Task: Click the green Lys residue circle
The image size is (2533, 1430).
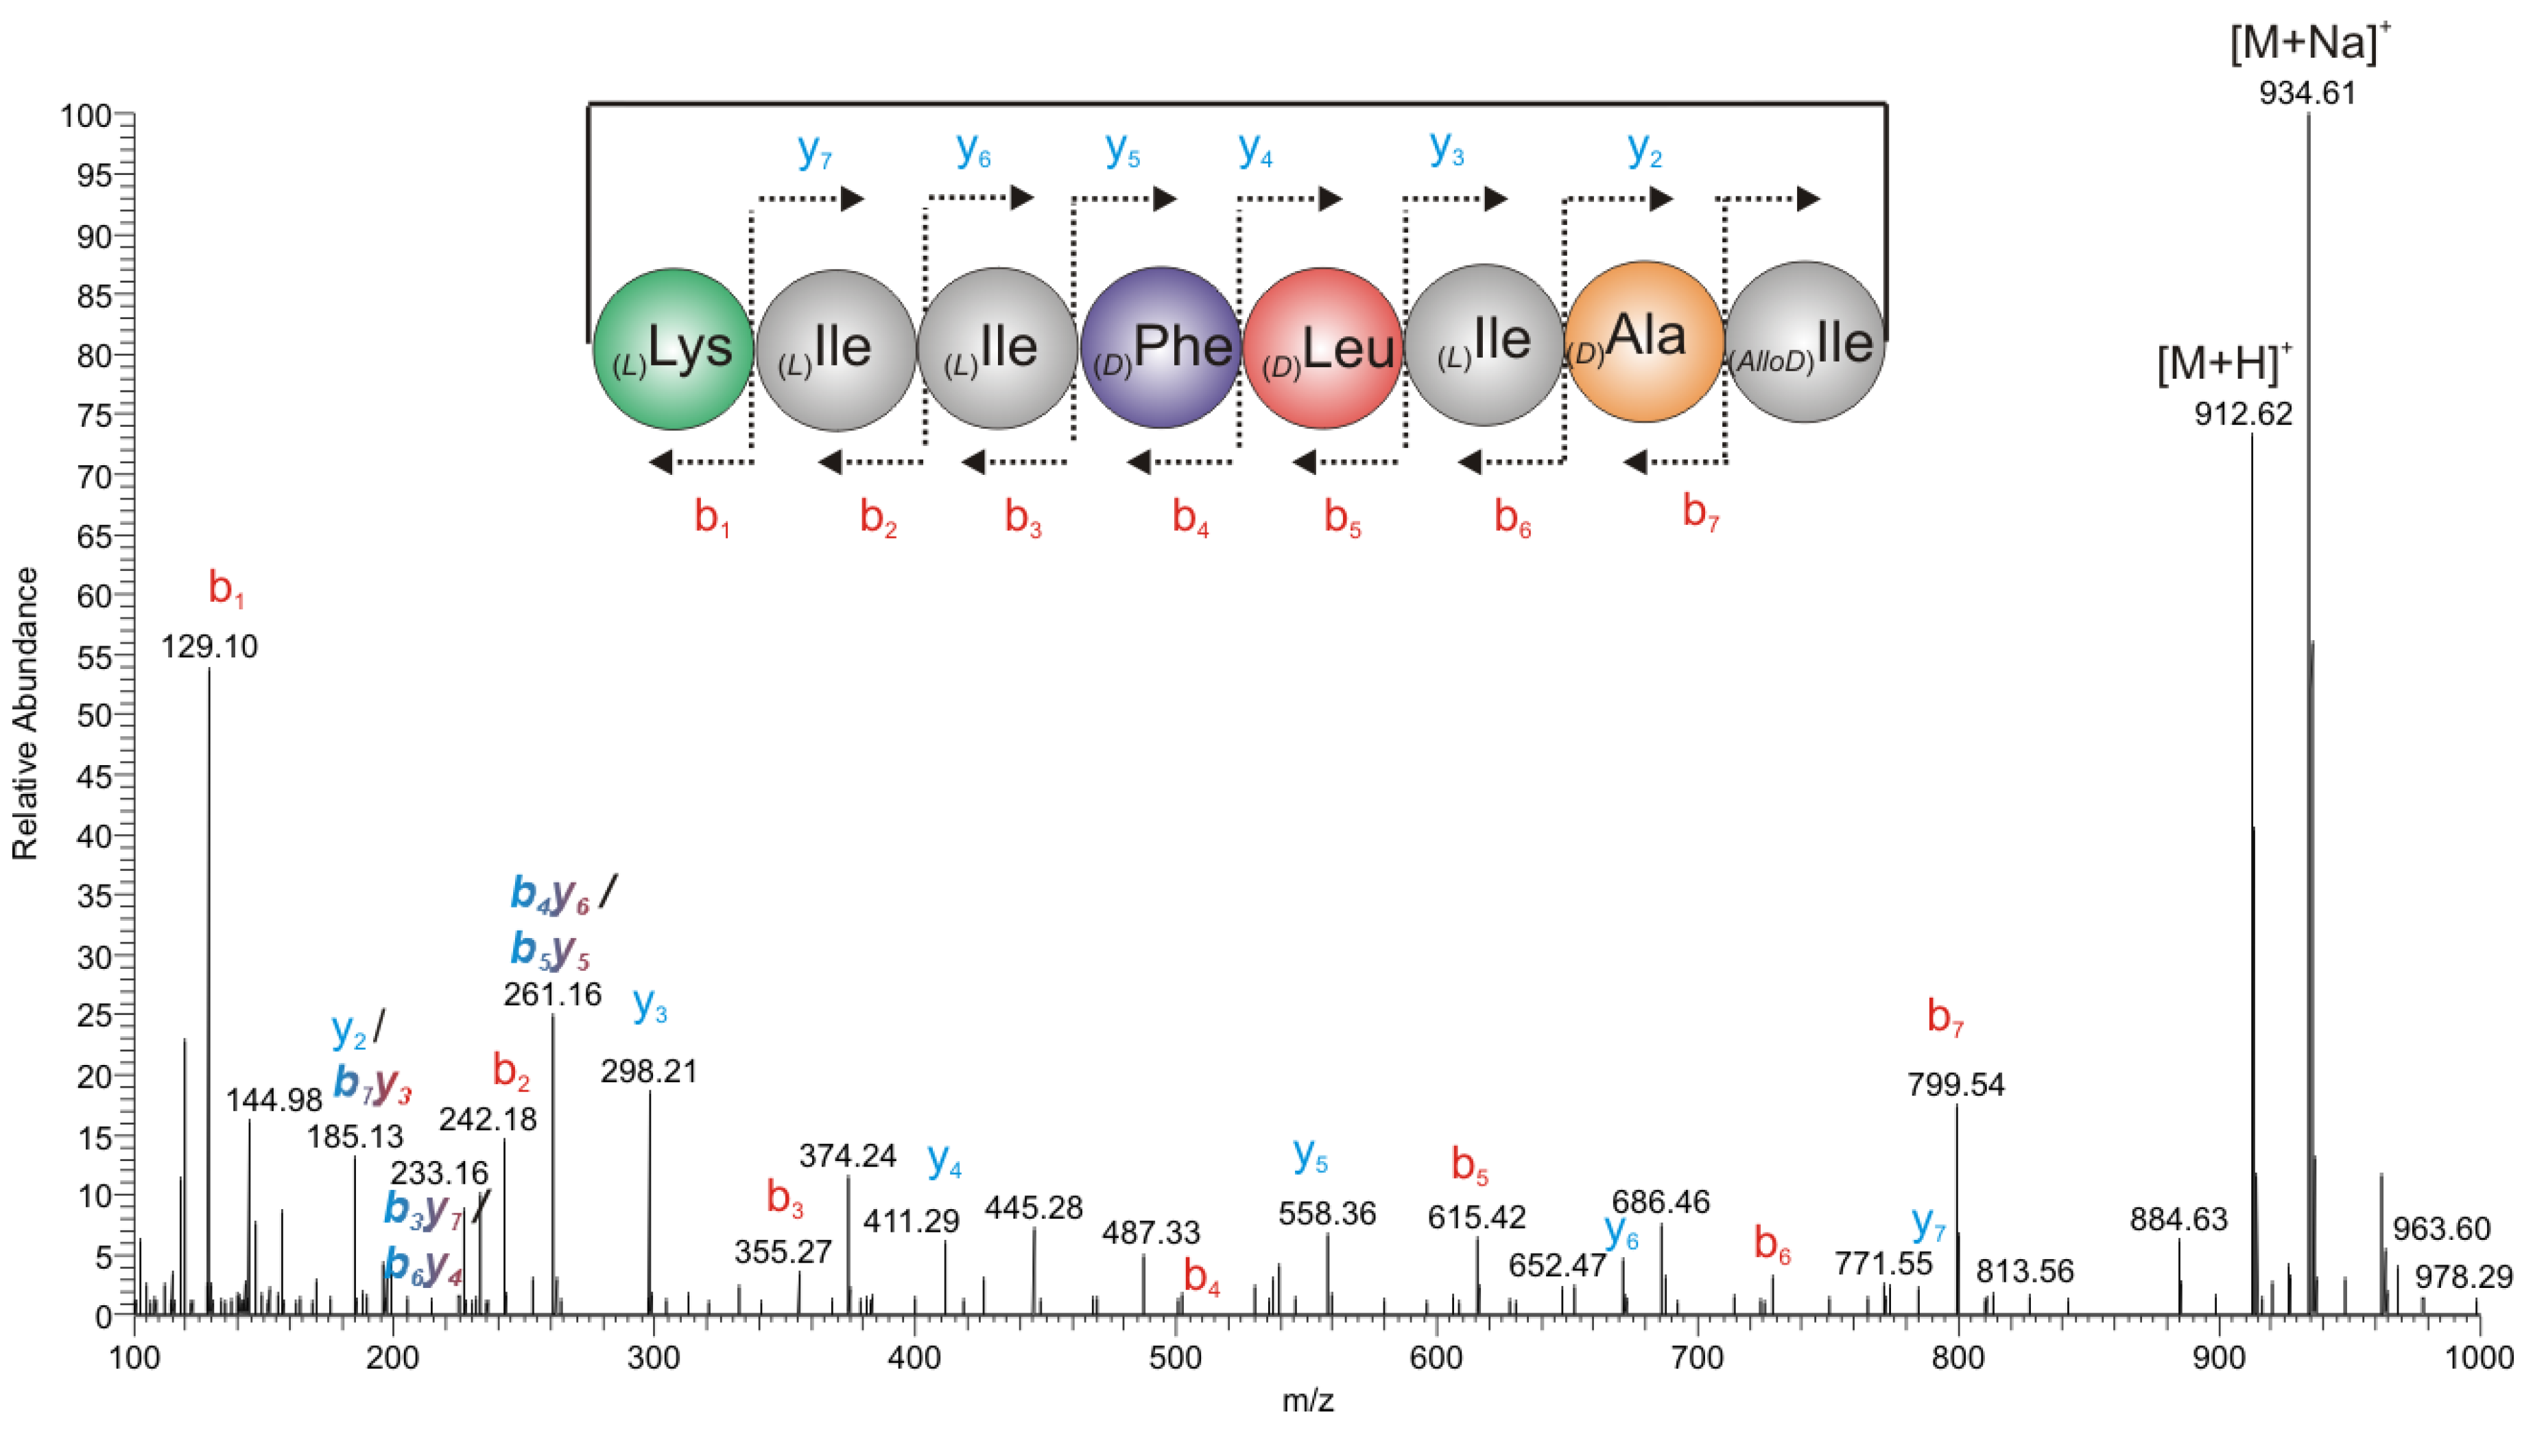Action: (674, 349)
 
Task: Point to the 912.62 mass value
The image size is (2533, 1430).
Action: (2243, 413)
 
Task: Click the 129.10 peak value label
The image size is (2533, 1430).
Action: (209, 646)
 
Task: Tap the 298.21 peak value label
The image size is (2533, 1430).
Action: (649, 1071)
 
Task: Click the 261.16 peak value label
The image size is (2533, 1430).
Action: (553, 994)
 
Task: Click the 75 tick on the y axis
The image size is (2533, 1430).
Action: (95, 415)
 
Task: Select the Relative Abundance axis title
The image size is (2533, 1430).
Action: (25, 713)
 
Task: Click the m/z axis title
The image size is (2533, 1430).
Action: (1308, 1400)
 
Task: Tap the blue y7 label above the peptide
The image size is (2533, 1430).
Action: (815, 150)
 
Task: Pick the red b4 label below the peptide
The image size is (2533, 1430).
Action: (1190, 515)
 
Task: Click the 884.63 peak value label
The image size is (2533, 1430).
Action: (2178, 1219)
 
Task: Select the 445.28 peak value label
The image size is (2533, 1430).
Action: (1034, 1207)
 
